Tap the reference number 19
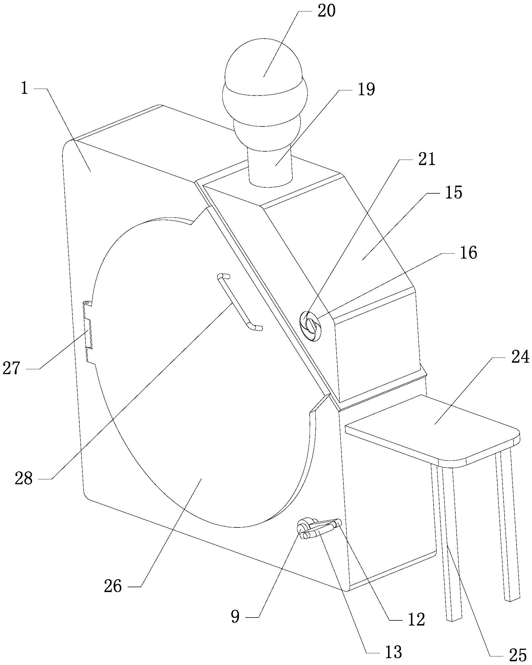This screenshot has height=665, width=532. (x=366, y=90)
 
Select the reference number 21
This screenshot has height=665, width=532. (x=427, y=160)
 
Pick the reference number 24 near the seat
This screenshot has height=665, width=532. (x=521, y=358)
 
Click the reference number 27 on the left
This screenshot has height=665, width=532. (x=11, y=368)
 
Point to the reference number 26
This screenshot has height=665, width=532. (x=113, y=586)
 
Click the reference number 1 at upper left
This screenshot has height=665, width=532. (x=24, y=88)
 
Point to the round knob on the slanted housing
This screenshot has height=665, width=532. (x=311, y=326)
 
